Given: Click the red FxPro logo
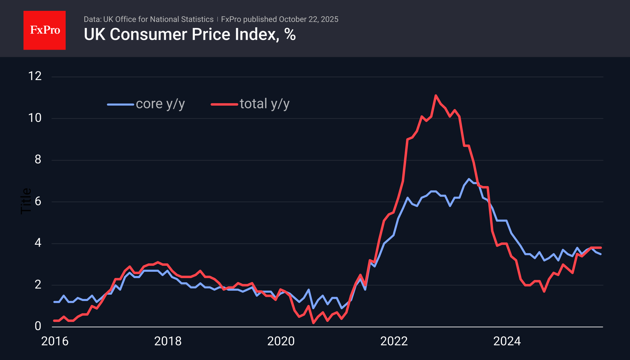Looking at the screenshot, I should point(45,30).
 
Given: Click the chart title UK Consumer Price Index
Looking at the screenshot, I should point(181,34).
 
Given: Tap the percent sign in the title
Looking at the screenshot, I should point(290,34).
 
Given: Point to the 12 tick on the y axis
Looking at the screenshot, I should point(35,76).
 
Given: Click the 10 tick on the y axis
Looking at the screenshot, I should point(35,118).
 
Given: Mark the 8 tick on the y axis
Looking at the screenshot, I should point(38,160).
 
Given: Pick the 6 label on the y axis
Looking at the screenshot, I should point(38,201).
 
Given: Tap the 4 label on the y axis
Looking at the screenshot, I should point(38,243).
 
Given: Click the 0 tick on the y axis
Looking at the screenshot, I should point(38,326).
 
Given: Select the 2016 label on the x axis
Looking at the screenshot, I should point(55,341).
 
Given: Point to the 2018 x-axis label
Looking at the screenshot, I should point(168,341).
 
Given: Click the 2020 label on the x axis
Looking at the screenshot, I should point(281,341).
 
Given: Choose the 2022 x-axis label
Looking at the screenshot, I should point(394,341).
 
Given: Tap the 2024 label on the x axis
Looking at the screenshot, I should point(507,341).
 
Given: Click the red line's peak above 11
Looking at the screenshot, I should point(436,96).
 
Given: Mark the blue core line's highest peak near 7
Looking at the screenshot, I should point(469,179).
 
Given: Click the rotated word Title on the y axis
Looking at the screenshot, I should point(26,201).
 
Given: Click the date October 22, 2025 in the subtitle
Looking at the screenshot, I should point(308,19).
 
